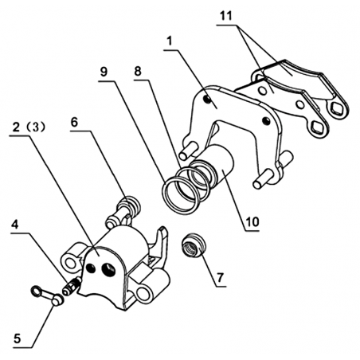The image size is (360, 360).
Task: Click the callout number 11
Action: tap(226, 16)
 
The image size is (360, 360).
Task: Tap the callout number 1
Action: tap(170, 41)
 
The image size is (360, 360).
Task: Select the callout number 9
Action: tap(104, 72)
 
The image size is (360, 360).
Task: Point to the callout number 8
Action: tap(138, 71)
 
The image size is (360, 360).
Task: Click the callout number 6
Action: tap(74, 123)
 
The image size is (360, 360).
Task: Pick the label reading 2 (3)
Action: tap(29, 127)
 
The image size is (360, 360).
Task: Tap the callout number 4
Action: tap(15, 225)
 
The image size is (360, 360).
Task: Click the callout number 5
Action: tap(18, 339)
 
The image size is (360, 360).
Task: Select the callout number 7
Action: tap(220, 278)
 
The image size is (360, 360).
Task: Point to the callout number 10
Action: tap(252, 222)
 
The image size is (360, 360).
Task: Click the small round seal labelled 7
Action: tap(193, 245)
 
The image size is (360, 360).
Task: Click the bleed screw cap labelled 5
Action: tap(47, 295)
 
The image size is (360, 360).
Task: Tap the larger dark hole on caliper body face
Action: tap(109, 269)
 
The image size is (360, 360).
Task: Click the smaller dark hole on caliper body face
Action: tap(91, 268)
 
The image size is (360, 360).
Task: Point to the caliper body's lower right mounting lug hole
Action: tap(143, 294)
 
